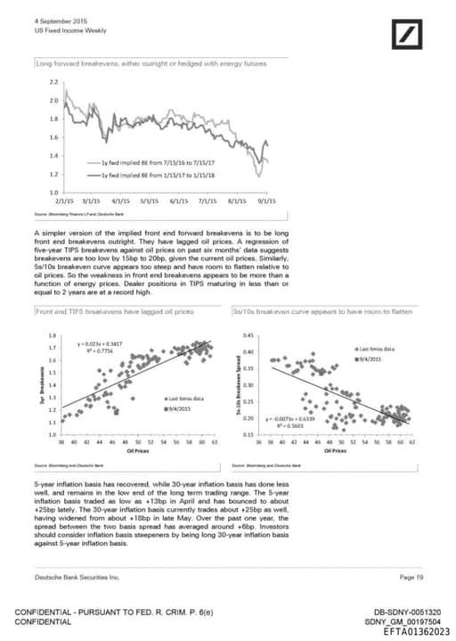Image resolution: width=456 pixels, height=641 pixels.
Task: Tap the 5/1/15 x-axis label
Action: (149, 201)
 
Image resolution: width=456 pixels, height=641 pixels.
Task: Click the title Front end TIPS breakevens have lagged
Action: (114, 313)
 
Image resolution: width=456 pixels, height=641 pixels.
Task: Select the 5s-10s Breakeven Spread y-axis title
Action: (239, 382)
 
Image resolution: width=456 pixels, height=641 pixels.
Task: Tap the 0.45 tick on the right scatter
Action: (248, 336)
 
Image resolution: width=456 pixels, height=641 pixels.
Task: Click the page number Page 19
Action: (411, 578)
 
